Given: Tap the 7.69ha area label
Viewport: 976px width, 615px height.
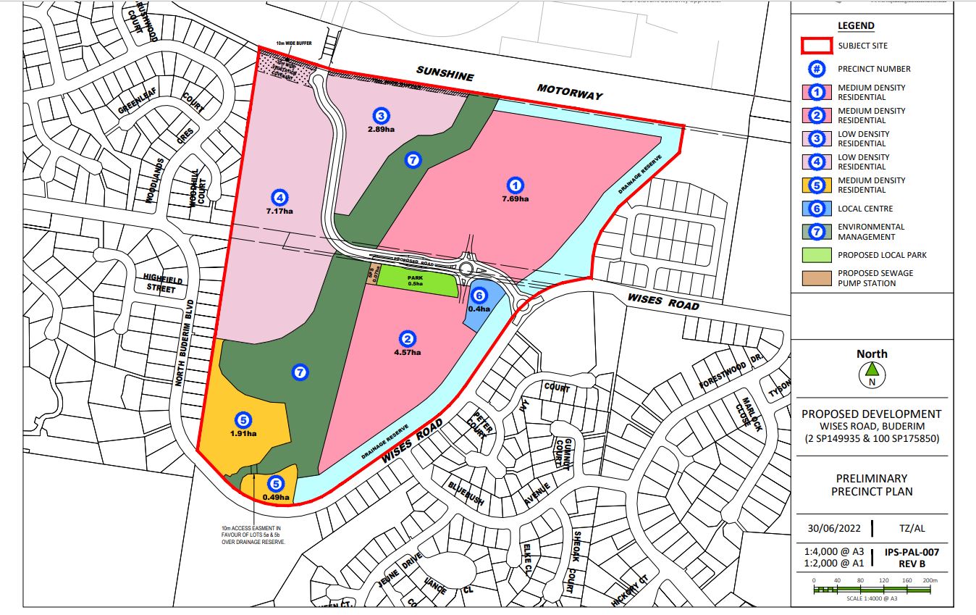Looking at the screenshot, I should (x=515, y=198).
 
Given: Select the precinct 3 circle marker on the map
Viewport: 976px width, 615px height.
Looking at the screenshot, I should (x=381, y=115).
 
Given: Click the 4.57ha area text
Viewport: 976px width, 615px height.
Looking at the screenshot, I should (x=408, y=353).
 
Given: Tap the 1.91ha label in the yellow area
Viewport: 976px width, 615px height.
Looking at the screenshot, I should (x=243, y=433).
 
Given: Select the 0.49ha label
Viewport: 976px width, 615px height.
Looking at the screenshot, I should (x=276, y=498).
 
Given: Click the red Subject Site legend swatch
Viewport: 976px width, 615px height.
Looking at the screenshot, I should (x=816, y=46).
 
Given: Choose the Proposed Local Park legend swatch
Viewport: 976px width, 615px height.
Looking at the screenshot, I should (x=816, y=255).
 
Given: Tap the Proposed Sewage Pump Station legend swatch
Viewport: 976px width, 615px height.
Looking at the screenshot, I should (x=816, y=278).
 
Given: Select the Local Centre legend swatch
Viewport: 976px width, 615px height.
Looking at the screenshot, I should (x=816, y=209).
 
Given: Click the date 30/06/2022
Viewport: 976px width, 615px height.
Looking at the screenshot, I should (x=831, y=528).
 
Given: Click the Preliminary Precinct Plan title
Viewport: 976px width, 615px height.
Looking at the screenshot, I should (x=872, y=485).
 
